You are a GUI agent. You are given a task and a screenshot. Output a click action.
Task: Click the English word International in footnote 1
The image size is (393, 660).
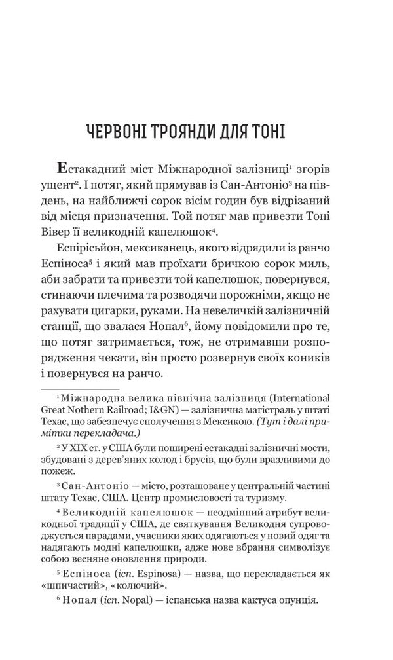pos(306,399)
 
